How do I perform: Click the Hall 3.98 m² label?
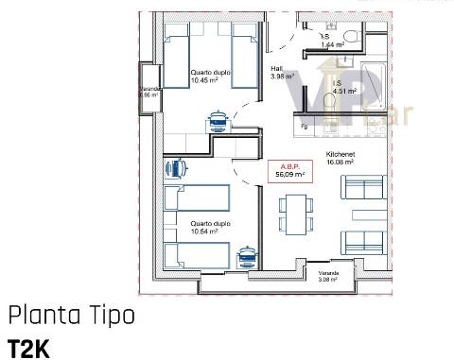[282, 73]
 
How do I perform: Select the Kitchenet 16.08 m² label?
[340, 158]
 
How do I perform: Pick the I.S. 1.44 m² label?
[331, 42]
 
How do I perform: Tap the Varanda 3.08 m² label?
[328, 276]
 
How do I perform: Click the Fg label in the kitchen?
[306, 126]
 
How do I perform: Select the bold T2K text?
[27, 346]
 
